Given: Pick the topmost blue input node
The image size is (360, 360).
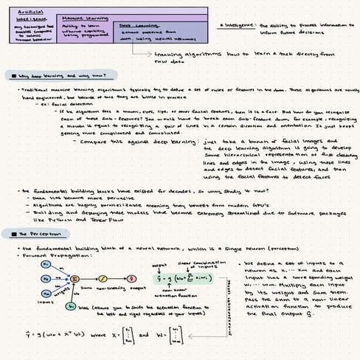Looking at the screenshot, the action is pos(46,263).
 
